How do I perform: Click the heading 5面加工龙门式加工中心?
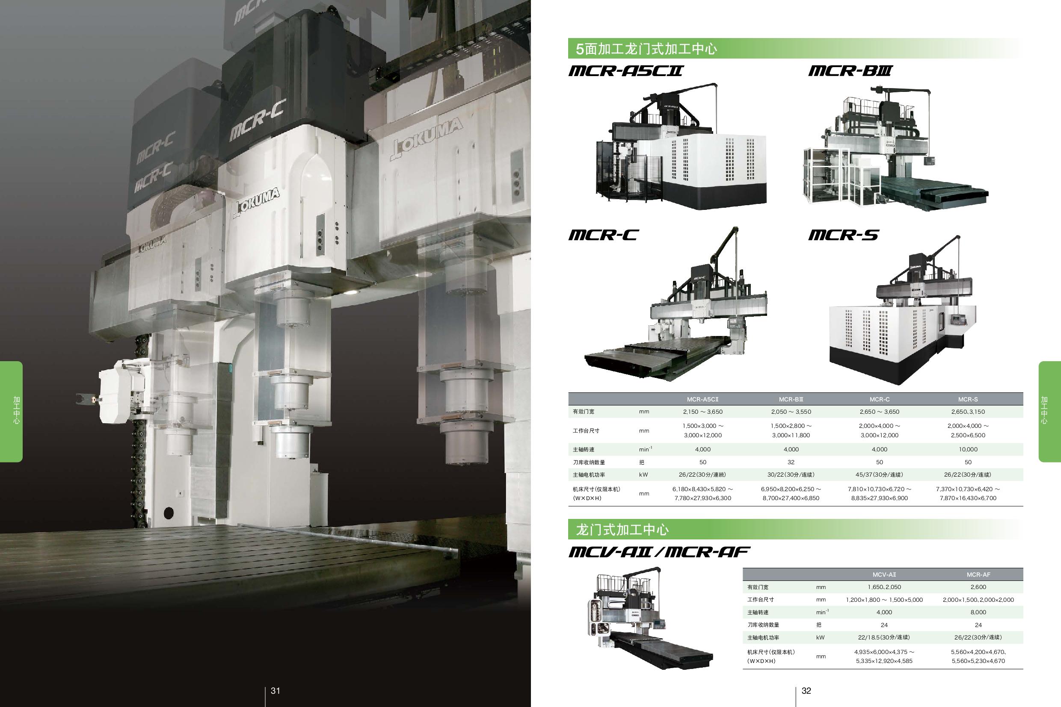tap(646, 49)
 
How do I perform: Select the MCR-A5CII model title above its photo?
tap(625, 71)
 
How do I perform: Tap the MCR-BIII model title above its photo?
tap(850, 71)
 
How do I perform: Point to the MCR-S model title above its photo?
tap(843, 235)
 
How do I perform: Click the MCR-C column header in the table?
tap(879, 399)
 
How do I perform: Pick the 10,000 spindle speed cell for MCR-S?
tap(968, 449)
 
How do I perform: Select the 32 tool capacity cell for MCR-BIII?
tap(791, 462)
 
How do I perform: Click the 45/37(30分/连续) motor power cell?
tap(879, 474)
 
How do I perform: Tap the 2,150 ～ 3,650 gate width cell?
tap(702, 412)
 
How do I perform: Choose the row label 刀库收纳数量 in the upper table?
tap(589, 462)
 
